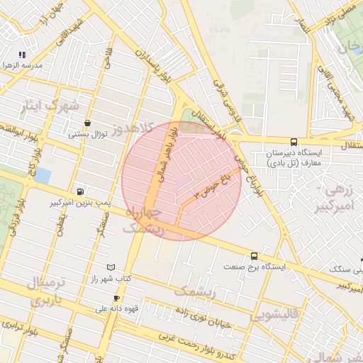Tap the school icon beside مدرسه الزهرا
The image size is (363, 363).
[23, 54]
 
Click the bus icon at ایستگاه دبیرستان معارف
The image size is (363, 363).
[294, 142]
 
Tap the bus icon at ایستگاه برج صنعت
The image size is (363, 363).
[254, 256]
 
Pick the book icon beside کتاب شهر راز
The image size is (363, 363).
[109, 267]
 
